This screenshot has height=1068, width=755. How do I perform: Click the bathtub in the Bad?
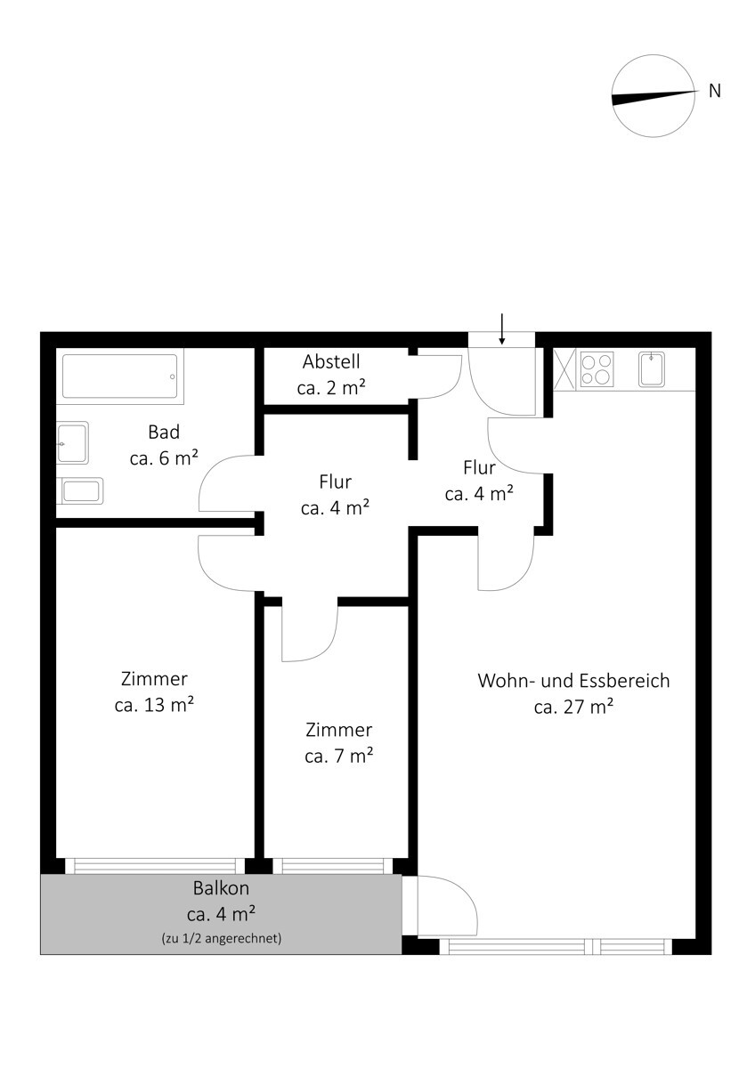coord(119,376)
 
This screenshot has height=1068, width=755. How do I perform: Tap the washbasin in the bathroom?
coord(72,442)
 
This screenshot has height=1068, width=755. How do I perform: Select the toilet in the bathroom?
coord(79,490)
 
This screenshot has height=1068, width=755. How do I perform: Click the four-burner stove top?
coord(597,370)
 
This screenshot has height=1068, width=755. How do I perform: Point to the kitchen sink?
coord(652,369)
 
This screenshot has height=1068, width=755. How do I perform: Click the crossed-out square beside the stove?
coord(564,369)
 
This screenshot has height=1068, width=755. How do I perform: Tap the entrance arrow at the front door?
coord(501,328)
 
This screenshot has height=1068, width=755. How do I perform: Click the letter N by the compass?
coord(714,91)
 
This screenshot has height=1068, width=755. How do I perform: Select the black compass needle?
coord(653,97)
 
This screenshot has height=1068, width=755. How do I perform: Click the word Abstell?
coord(331,361)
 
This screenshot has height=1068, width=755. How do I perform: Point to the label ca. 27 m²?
coord(573,707)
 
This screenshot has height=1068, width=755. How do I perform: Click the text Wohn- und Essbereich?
coord(573,680)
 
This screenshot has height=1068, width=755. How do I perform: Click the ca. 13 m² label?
coord(154,705)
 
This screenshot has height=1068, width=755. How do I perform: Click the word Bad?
coord(164,432)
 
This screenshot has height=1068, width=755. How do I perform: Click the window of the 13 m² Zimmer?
coord(155,866)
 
